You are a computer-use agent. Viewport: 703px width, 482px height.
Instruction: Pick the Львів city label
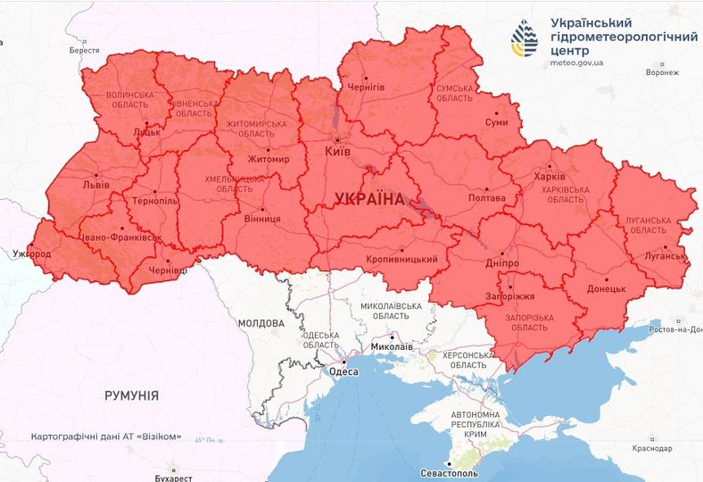click(95, 184)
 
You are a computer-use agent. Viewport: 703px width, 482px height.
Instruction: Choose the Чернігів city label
click(368, 87)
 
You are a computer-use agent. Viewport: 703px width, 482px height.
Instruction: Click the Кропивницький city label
click(401, 259)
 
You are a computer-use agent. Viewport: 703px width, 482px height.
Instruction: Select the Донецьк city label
click(608, 289)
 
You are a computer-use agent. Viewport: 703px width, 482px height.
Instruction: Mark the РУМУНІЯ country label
click(131, 395)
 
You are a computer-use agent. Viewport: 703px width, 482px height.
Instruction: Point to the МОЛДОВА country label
click(261, 322)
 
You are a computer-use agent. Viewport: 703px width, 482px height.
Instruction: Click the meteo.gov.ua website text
click(576, 62)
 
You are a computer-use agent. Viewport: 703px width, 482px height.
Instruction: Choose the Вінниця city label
click(262, 218)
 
